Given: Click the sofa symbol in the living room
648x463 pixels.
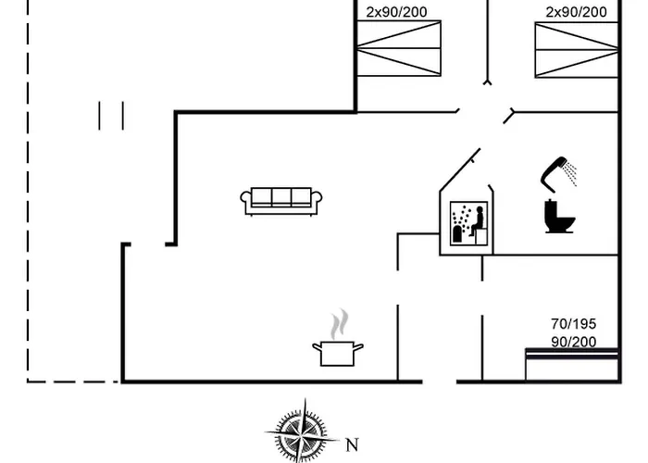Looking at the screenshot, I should tap(281, 200).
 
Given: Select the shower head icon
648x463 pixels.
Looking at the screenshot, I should tap(555, 170).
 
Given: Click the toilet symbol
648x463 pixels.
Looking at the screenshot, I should tap(561, 216).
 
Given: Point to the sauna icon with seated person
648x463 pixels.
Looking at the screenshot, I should tap(467, 224).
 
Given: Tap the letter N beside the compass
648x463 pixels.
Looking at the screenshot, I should tap(351, 444).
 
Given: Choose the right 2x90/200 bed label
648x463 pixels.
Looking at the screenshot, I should tap(576, 12).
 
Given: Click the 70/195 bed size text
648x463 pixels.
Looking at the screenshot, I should tap(574, 324).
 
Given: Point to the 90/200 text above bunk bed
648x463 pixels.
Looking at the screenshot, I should tap(574, 342).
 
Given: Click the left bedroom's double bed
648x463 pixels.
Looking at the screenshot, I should tap(400, 50).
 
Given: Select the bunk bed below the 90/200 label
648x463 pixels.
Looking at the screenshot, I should tap(570, 365).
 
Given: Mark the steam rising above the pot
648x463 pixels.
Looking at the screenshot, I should tap(341, 323).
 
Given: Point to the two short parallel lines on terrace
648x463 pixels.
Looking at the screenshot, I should tap(111, 116).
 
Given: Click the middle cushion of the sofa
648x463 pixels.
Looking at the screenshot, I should tap(281, 196).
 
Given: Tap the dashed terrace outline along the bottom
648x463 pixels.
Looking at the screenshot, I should tap(74, 381).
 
